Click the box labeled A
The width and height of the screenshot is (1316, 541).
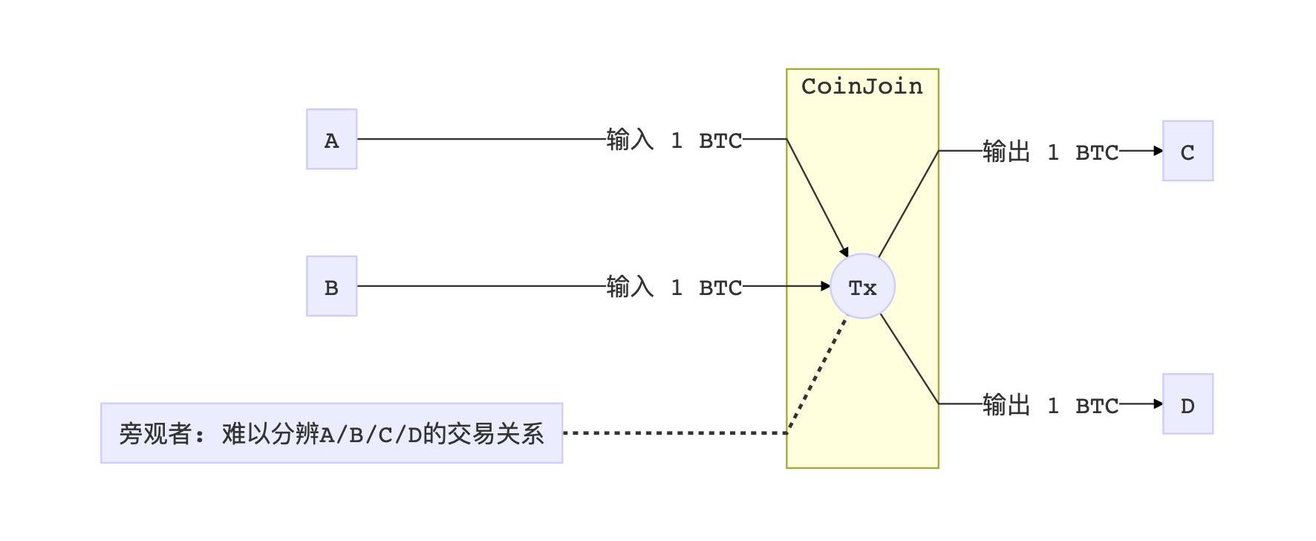[x=331, y=139]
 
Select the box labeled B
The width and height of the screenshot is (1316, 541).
[x=331, y=286]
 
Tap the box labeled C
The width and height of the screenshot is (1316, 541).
[x=1188, y=151]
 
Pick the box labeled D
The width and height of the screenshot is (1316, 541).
[x=1188, y=404]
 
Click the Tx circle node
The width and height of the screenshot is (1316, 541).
[x=862, y=287]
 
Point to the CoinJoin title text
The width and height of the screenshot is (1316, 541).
[x=861, y=86]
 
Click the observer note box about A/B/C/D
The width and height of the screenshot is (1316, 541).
[x=331, y=433]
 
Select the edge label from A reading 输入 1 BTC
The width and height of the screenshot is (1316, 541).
[x=674, y=140]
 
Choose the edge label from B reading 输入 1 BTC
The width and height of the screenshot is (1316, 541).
[x=674, y=287]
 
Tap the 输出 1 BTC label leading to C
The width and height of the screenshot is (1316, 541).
[x=1050, y=152]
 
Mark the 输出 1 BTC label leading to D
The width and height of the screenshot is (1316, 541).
[x=1050, y=405]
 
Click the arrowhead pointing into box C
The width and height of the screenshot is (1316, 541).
[x=1158, y=151]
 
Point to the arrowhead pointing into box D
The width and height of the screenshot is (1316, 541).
[x=1158, y=404]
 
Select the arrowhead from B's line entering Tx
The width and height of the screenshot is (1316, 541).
[x=825, y=286]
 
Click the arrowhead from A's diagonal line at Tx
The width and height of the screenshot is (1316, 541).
[x=844, y=253]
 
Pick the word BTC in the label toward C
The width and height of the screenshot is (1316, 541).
[x=1097, y=152]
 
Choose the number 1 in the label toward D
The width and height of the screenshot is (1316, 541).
[x=1053, y=405]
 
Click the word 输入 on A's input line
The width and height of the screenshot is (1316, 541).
[x=630, y=140]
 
